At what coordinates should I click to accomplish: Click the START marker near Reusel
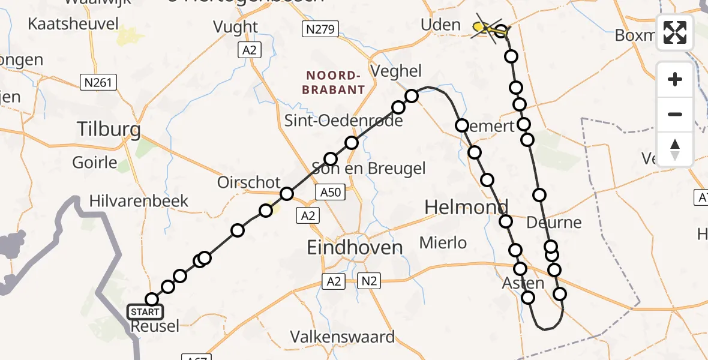[145, 311]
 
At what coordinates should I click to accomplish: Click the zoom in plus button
[675, 79]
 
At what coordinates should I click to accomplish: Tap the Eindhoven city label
[355, 247]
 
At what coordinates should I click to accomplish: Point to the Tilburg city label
[109, 129]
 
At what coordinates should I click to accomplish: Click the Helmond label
[466, 208]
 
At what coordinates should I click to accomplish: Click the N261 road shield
[98, 82]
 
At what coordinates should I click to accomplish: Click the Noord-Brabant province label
[335, 83]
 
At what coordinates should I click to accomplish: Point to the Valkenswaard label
[343, 337]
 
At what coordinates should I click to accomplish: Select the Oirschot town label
[248, 182]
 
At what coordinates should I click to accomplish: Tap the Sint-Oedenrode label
[343, 121]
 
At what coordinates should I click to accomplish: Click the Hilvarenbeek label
[139, 200]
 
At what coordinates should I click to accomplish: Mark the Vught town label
[236, 27]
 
